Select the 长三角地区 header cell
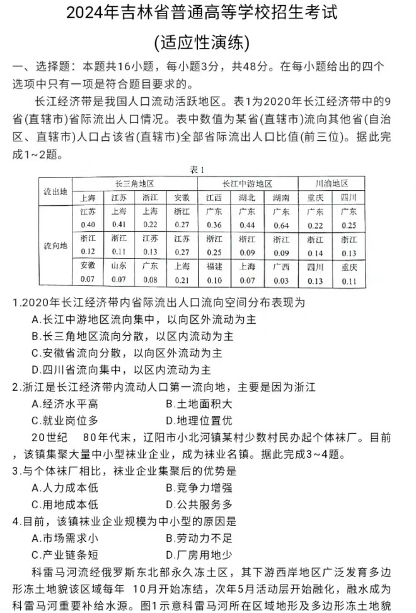(134, 183)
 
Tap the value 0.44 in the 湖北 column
(247, 225)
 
